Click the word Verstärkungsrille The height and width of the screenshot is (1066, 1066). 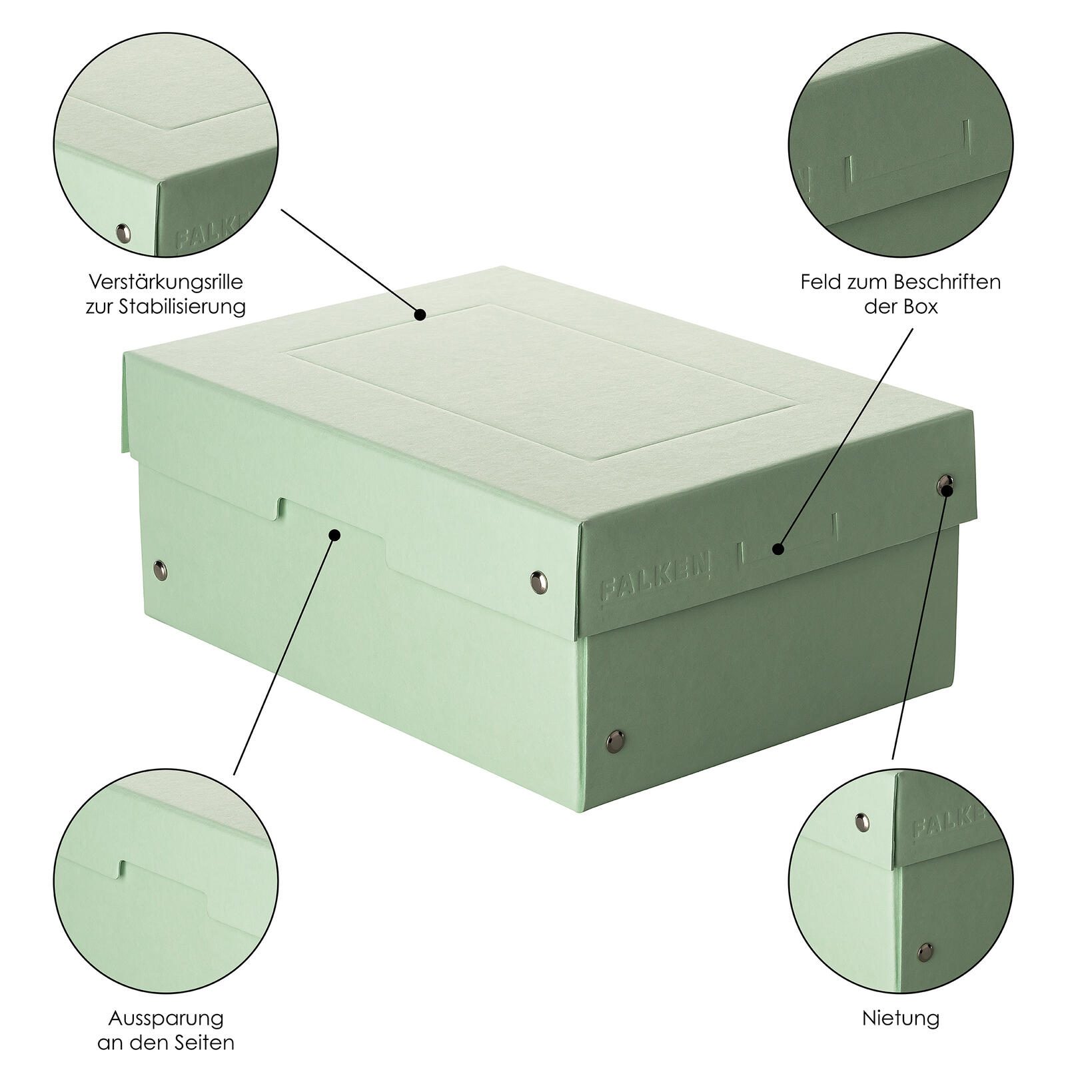(166, 281)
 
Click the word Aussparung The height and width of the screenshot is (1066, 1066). (166, 1018)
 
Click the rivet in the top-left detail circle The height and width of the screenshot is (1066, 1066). (123, 233)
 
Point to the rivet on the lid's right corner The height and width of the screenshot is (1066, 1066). (945, 484)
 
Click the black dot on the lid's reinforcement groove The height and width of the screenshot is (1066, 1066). (420, 314)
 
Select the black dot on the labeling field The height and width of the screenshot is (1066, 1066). (778, 550)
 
